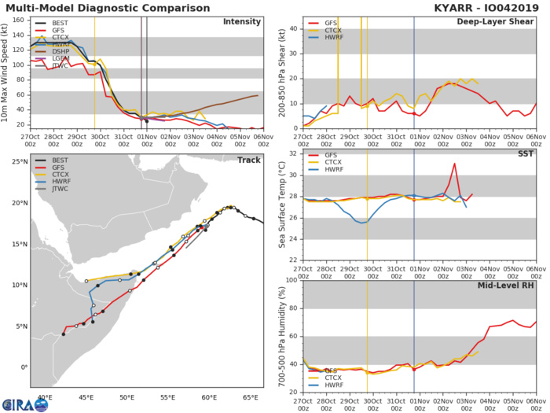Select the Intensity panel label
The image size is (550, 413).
coord(243,22)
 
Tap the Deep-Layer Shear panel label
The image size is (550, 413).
coord(496,21)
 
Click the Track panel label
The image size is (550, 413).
coord(249,160)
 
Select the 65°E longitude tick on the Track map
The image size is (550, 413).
coord(251,397)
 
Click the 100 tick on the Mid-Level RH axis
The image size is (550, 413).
coord(290,279)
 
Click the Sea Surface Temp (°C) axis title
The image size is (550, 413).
coord(281,206)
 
